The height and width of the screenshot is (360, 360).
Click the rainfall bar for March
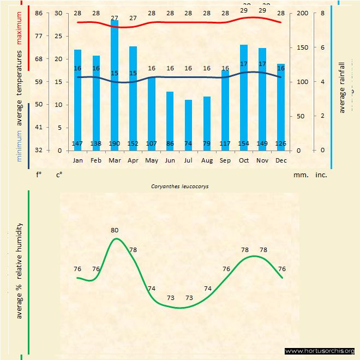115,87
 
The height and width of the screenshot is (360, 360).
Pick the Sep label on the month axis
225,161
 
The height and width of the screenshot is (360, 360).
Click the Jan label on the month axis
78,161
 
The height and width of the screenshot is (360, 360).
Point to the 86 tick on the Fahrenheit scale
39,13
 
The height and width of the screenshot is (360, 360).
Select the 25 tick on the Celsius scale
58,36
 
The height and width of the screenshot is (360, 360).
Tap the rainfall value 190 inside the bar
115,143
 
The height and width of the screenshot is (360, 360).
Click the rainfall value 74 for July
188,143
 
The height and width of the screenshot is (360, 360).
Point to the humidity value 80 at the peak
114,230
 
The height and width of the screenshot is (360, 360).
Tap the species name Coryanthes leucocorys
180,186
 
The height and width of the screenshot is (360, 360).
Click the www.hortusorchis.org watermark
320,351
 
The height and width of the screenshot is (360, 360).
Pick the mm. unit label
301,175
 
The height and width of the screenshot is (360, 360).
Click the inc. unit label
321,175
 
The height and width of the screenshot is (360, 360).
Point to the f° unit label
39,175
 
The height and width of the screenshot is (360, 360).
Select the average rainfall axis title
343,88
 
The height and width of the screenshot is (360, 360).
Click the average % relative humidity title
20,271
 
